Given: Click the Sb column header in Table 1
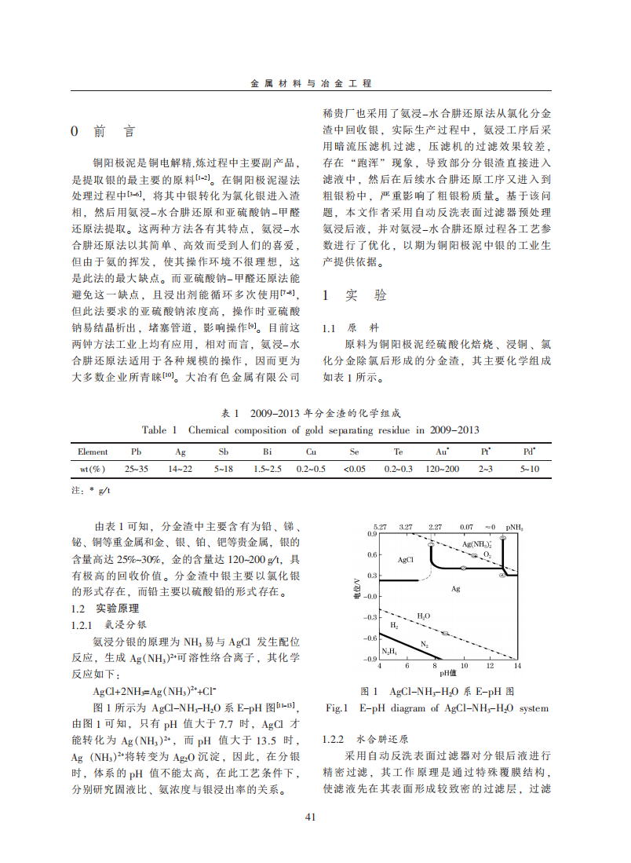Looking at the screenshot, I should pos(224,452).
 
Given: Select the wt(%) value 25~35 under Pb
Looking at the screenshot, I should pos(136,469).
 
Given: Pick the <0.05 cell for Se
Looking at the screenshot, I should pos(354,469).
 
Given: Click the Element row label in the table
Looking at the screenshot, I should pos(93,452).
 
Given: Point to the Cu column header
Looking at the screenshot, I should pos(311,452).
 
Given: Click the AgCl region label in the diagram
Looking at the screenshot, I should pos(405,560).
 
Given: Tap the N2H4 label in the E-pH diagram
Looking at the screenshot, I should pos(389,652).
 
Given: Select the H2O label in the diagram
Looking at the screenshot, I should pos(423,616).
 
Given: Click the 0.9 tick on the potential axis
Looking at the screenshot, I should pos(372,534).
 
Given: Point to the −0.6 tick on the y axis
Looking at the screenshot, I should pos(370,638).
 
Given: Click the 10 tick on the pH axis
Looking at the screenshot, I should pos(462,666).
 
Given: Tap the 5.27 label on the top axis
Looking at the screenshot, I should pos(381,526).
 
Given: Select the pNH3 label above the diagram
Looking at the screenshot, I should pos(515,526).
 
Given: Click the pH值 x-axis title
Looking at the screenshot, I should pos(448,673).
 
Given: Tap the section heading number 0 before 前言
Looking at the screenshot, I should pos(75,132).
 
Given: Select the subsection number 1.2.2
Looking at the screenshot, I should pos(334,740).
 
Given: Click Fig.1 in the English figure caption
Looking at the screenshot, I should pos(336,708).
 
